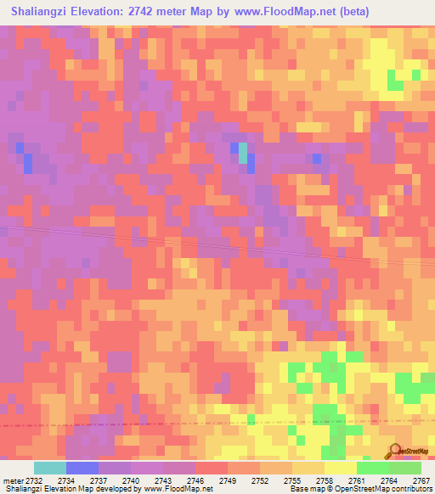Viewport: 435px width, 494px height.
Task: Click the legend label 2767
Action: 421,480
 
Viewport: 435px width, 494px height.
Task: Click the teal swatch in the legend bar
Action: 50,468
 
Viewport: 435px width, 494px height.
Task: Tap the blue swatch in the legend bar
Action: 82,468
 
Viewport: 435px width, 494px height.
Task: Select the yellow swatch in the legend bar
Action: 340,468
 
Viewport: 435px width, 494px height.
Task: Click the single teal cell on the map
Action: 243,152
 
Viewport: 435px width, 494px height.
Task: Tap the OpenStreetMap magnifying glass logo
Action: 395,451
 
